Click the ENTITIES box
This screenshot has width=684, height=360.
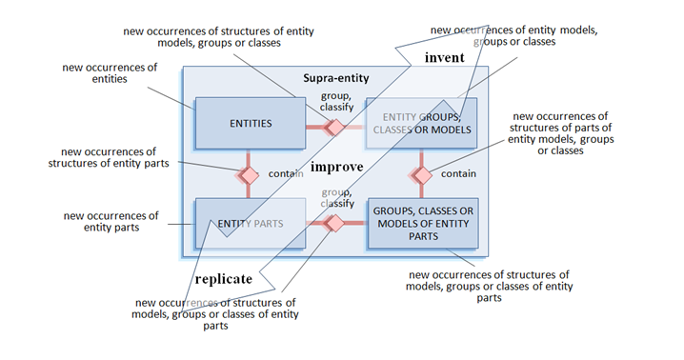pos(250,124)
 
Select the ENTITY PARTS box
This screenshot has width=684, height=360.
pos(250,223)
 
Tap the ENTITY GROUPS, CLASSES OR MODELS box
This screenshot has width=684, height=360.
pos(422,123)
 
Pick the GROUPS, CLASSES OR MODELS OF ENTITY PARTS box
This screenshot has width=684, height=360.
pos(422,223)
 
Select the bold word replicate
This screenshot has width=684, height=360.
pos(223,279)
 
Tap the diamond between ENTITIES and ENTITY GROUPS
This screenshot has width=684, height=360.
pos(334,126)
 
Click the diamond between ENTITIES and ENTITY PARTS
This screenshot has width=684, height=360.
pos(249,175)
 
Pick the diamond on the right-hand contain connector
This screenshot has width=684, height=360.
pos(421,175)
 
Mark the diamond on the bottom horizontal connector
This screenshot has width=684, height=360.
pos(334,223)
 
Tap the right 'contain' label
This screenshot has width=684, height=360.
pos(458,173)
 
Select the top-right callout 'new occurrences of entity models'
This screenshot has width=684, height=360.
pos(513,36)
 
